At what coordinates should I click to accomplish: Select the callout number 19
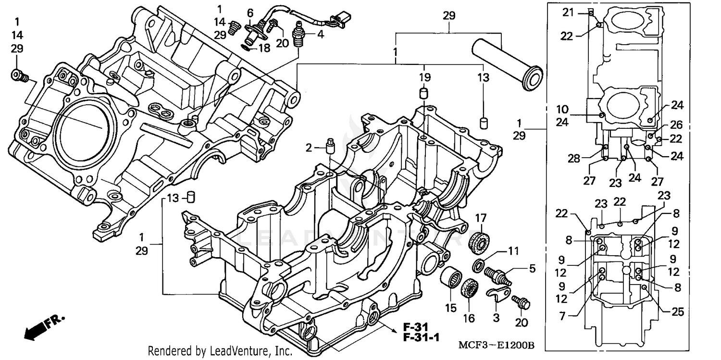(424, 77)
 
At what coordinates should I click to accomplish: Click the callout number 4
(320, 35)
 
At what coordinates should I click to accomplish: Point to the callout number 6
(249, 12)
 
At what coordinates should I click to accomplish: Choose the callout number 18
(265, 48)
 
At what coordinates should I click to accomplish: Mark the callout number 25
(677, 312)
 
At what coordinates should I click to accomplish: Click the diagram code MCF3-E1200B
(497, 346)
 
